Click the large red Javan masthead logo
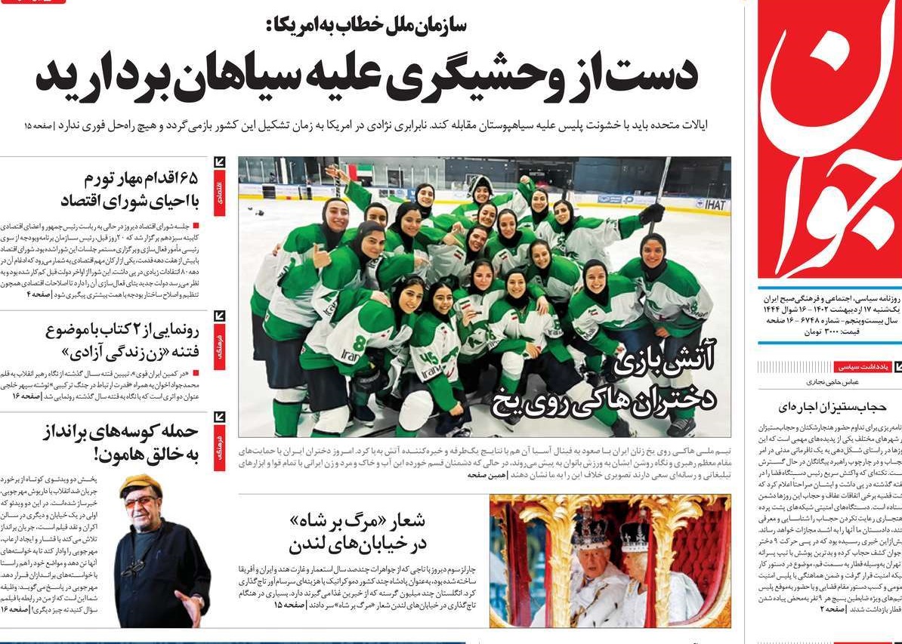829,143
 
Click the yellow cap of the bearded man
141,484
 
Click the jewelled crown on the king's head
590,532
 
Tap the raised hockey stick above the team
660,181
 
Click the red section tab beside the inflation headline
219,188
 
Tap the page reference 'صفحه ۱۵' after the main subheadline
37,124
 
